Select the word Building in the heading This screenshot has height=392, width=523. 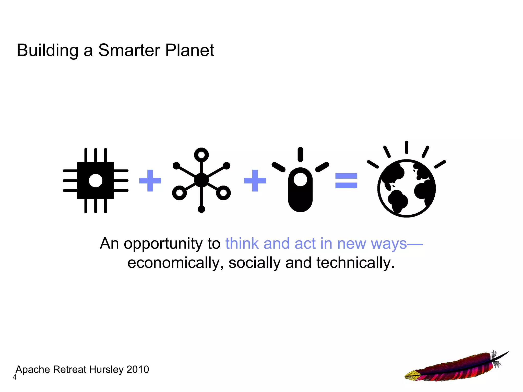point(47,51)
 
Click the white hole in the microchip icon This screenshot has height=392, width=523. point(96,181)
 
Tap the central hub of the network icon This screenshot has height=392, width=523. point(201,180)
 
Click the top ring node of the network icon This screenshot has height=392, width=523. point(201,155)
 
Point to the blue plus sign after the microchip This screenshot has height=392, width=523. point(150,181)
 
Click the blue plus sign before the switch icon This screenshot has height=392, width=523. point(255,181)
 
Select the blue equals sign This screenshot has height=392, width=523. point(346,181)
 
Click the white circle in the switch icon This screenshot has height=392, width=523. point(300,180)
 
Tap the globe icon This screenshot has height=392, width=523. point(406,188)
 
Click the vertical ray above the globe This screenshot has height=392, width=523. point(406,147)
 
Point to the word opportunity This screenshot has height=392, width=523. point(164,244)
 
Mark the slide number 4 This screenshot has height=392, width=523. point(15,377)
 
